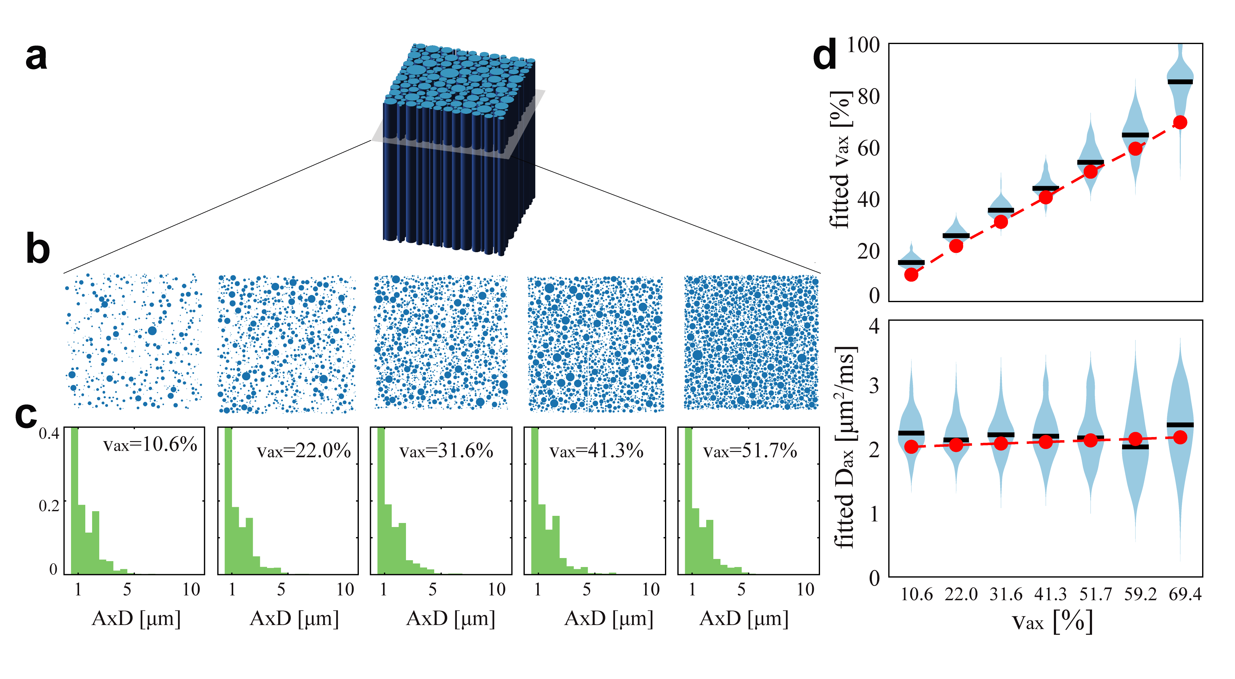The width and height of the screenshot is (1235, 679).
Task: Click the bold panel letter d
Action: tap(825, 56)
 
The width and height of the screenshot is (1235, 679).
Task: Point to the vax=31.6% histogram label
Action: tap(446, 451)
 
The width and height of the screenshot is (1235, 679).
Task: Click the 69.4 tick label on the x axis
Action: tap(1185, 595)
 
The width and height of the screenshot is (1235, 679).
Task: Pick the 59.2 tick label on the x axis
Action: tap(1140, 595)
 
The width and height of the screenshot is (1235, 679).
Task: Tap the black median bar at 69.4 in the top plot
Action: tap(1180, 82)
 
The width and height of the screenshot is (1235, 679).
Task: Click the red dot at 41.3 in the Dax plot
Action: tap(1046, 442)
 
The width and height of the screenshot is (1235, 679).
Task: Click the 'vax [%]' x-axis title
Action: tap(1052, 622)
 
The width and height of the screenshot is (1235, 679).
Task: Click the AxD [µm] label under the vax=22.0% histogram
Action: tap(294, 619)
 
